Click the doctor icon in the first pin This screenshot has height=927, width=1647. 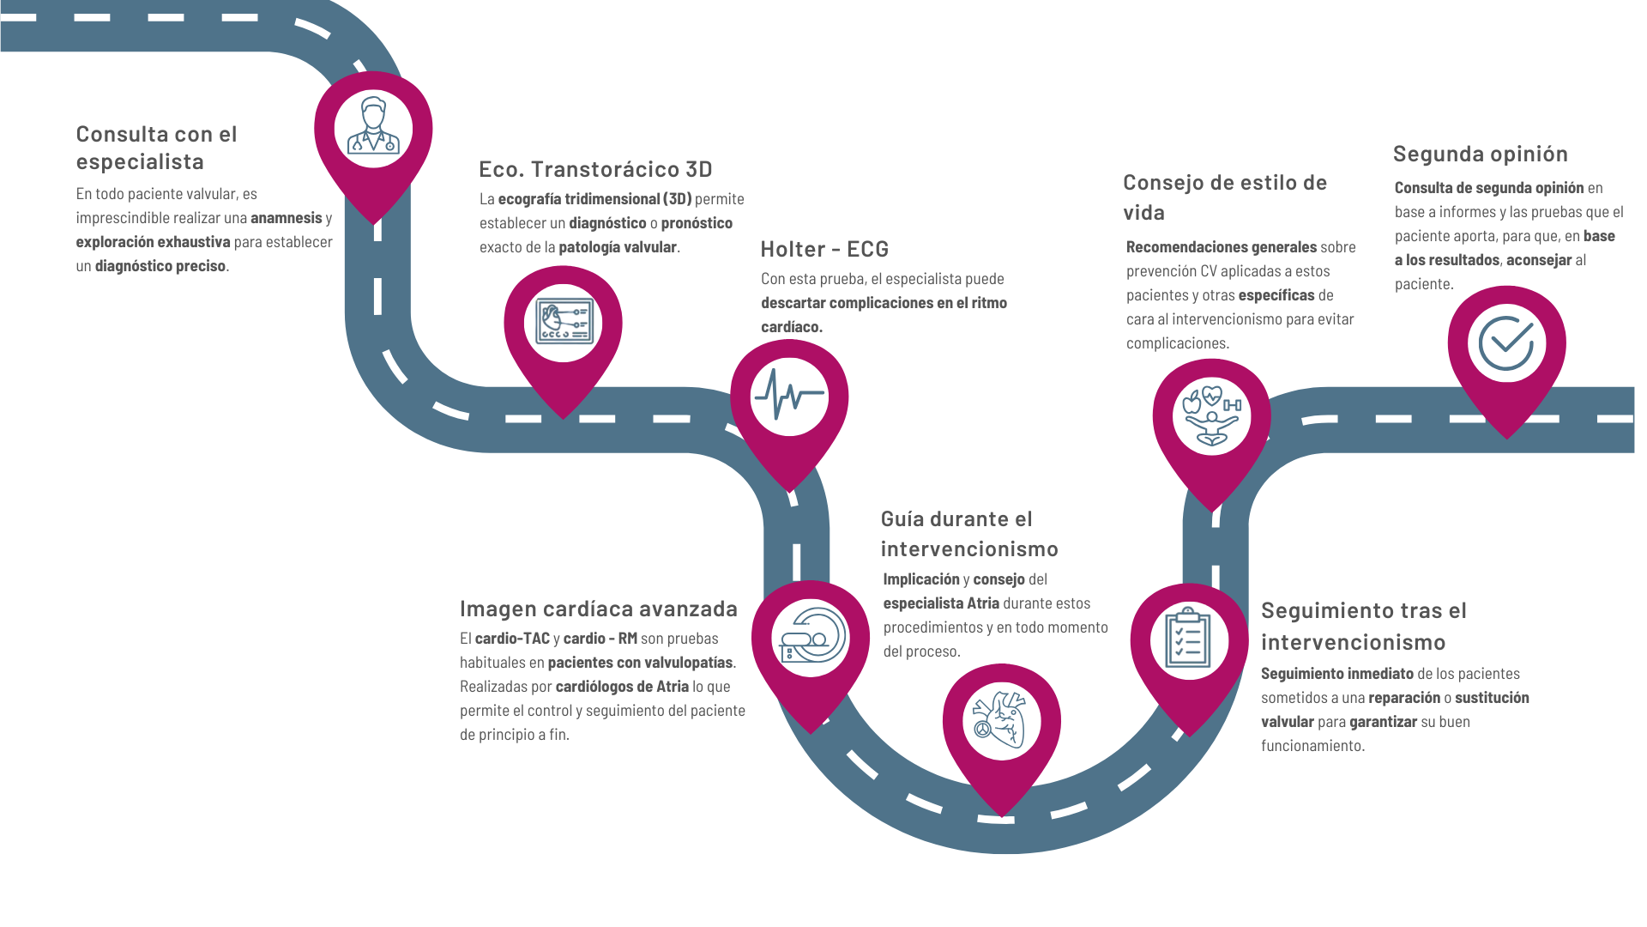[373, 126]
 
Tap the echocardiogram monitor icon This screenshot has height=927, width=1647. [564, 321]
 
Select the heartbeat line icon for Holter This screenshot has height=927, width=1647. [789, 395]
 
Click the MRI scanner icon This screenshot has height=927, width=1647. [812, 636]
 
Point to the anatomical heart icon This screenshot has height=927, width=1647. [1001, 719]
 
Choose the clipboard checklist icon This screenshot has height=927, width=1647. [1188, 638]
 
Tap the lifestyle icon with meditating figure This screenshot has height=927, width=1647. [1211, 415]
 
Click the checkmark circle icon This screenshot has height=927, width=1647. [1506, 342]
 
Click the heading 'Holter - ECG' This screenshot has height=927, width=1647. [824, 249]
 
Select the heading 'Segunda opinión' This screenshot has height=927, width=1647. [1481, 154]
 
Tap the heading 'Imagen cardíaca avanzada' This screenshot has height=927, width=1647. [599, 609]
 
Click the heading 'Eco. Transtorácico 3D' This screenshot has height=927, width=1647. [595, 169]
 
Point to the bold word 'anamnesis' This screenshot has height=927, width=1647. [287, 218]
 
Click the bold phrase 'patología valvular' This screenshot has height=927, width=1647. [618, 247]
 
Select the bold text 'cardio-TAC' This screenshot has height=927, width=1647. [512, 639]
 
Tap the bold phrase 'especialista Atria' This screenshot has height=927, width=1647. [941, 603]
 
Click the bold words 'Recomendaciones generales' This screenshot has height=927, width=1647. [1222, 247]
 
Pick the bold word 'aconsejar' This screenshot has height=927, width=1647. [1539, 260]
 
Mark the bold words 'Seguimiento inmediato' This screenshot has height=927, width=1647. [1337, 674]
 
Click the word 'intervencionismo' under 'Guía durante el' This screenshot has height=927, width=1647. [969, 548]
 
